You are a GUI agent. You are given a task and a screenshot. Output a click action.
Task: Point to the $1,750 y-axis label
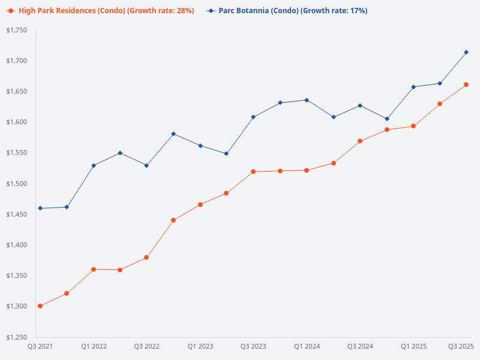(x=17, y=30)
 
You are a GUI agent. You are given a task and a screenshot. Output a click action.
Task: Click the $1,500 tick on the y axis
(x=17, y=184)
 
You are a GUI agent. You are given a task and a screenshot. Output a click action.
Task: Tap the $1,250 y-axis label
(x=17, y=337)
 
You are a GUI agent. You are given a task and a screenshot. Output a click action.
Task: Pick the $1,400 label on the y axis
(x=17, y=245)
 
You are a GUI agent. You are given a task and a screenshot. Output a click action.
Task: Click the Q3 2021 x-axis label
(x=40, y=346)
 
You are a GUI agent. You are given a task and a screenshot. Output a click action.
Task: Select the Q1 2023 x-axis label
(x=200, y=346)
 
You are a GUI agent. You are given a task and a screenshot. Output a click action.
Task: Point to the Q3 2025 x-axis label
(x=461, y=346)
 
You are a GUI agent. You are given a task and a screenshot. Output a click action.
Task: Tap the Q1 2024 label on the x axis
(x=307, y=346)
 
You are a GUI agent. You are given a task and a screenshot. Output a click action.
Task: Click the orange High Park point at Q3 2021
(x=40, y=306)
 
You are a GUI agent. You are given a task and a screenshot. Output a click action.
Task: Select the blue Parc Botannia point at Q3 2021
(x=40, y=208)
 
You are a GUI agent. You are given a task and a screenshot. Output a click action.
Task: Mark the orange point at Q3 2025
(x=466, y=85)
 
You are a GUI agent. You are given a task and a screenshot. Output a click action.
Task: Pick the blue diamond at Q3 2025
(x=466, y=52)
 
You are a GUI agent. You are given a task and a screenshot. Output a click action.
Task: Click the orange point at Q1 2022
(x=94, y=269)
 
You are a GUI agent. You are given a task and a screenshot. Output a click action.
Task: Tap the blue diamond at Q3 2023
(x=253, y=117)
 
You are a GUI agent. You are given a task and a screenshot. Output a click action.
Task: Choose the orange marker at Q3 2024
(x=360, y=141)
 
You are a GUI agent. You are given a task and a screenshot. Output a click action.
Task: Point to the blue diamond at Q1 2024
(x=307, y=100)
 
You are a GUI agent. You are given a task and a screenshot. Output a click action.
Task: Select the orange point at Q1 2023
(x=200, y=205)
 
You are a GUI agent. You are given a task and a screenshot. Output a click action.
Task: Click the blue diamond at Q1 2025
(x=413, y=87)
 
